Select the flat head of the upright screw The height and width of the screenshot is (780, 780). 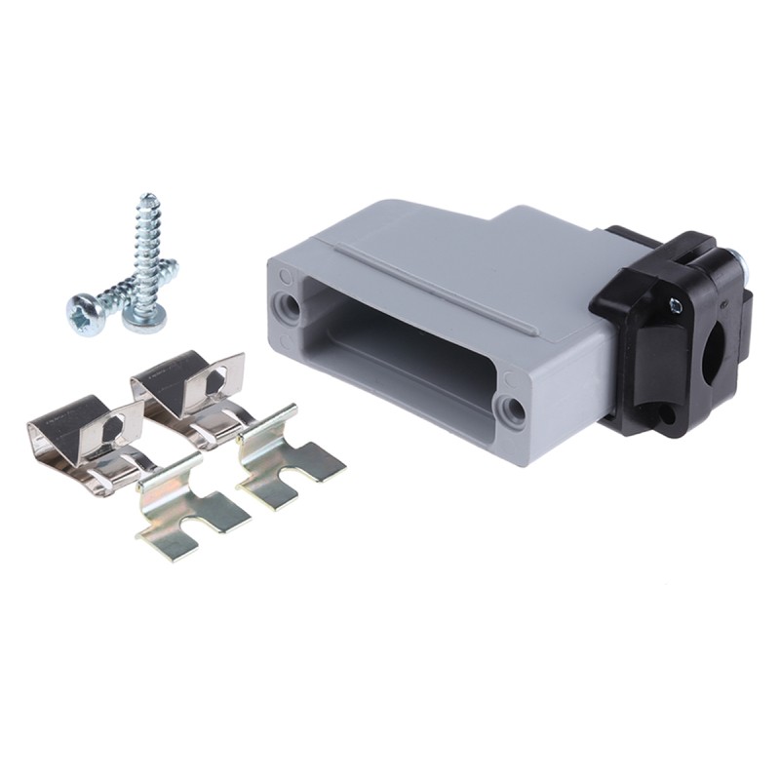click(x=143, y=317)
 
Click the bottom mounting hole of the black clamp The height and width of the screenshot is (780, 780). click(x=664, y=415)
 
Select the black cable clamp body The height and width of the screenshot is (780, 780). click(x=673, y=331)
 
